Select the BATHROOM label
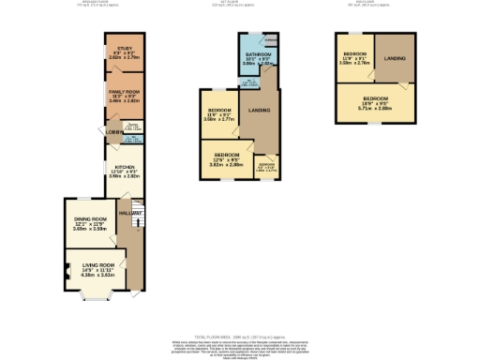[x=259, y=55]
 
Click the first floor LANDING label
[x=261, y=111]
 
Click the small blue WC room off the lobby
[x=132, y=140]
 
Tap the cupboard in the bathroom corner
[x=270, y=41]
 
